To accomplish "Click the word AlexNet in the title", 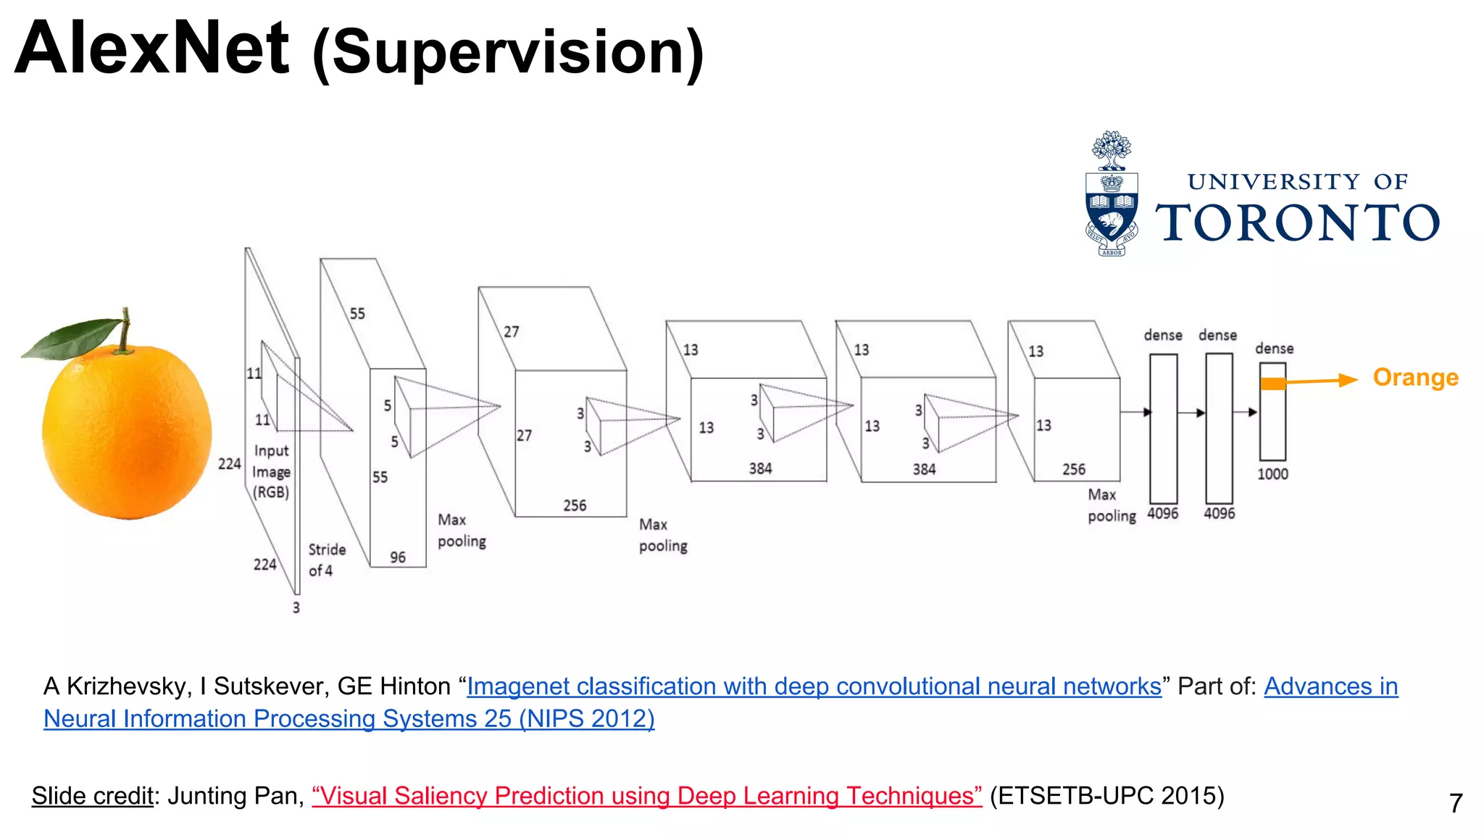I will pos(152,49).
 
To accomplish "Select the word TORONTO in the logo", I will pos(1297,223).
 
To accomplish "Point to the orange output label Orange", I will pos(1415,378).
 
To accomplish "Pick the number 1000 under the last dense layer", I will pos(1272,474).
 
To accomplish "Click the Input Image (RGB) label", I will pos(271,471).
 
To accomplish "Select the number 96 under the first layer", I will pos(398,557).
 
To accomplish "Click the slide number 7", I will pos(1456,803).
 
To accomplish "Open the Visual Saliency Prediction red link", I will pos(646,796).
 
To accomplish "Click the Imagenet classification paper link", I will pos(813,686).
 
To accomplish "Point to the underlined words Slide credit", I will pos(93,796).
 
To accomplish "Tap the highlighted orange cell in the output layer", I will pos(1272,384).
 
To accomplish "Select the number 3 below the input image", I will pos(296,607).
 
